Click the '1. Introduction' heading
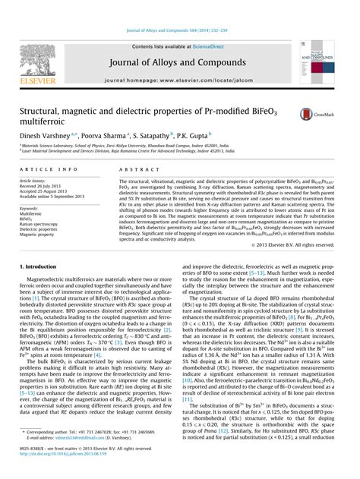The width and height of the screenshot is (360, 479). (36, 267)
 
